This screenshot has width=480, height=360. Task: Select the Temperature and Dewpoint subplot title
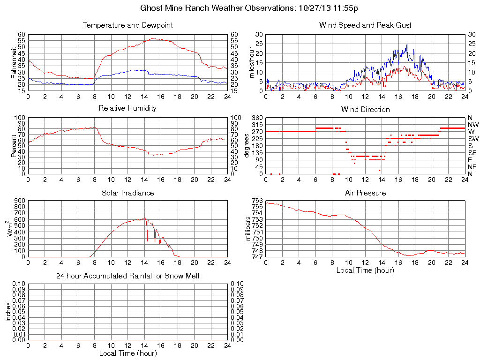coord(128,25)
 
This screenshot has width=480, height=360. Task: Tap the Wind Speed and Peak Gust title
coord(365,25)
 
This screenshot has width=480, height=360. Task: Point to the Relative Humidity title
coord(127,108)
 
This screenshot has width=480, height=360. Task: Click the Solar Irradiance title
coord(127,193)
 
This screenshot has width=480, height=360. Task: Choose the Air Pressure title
coord(365,193)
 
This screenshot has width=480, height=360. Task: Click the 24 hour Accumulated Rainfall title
coord(128,276)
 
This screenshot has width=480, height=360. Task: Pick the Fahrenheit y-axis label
coord(13,62)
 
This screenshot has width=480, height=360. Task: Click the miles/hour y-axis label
coord(251,62)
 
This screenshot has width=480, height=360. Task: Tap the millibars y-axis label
coord(248,229)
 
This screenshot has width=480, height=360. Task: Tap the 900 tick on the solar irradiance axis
coord(19,201)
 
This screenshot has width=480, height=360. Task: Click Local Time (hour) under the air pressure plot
coord(365,270)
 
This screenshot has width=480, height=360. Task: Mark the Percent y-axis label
coord(13,146)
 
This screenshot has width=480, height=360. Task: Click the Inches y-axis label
coord(8,312)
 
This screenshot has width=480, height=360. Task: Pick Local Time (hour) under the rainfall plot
coord(128,353)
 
